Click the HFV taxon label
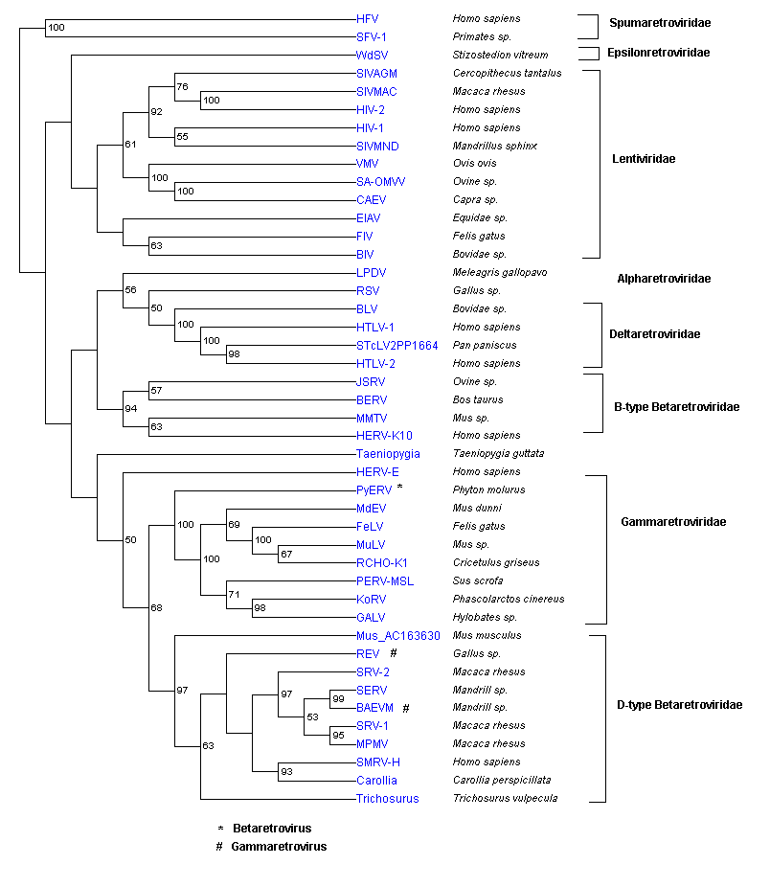[367, 18]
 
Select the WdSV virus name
[372, 55]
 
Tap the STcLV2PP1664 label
[396, 346]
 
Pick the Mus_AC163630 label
[397, 636]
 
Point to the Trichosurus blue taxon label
[387, 799]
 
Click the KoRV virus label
[370, 600]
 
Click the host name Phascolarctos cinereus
[509, 600]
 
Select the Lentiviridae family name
[644, 159]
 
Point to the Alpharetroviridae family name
[664, 279]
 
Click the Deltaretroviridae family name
[660, 334]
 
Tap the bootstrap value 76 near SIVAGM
[182, 87]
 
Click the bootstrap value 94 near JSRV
[131, 409]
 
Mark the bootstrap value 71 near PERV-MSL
[233, 595]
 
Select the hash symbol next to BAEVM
[406, 708]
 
